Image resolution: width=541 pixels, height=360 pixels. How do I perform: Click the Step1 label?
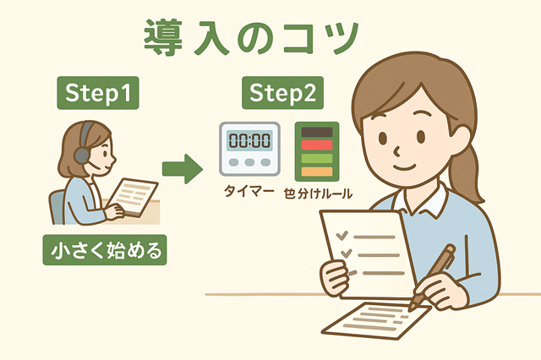tap(98, 93)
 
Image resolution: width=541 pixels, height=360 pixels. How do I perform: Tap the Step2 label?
tap(282, 93)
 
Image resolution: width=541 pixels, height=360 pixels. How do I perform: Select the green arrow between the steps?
tap(183, 169)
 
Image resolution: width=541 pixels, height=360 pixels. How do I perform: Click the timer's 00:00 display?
tap(250, 140)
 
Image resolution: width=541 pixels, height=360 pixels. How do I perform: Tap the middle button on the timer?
tap(249, 162)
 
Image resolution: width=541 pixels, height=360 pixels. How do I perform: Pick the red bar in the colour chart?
tap(317, 145)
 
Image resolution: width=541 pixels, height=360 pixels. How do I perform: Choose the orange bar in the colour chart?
tap(317, 172)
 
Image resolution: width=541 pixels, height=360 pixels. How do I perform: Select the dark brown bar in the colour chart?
tap(317, 132)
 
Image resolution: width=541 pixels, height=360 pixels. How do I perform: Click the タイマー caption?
tap(249, 191)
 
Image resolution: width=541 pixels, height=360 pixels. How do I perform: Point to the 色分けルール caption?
tap(318, 194)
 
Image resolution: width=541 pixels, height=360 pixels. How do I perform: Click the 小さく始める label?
tap(105, 250)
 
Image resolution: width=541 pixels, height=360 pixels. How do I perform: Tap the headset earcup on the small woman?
tap(81, 155)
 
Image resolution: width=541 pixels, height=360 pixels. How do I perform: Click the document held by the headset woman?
tap(133, 197)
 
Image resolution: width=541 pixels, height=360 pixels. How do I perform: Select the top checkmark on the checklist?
tap(342, 235)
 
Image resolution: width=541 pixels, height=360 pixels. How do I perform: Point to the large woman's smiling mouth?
tap(405, 167)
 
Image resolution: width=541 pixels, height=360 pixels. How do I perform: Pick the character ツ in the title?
tap(340, 39)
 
